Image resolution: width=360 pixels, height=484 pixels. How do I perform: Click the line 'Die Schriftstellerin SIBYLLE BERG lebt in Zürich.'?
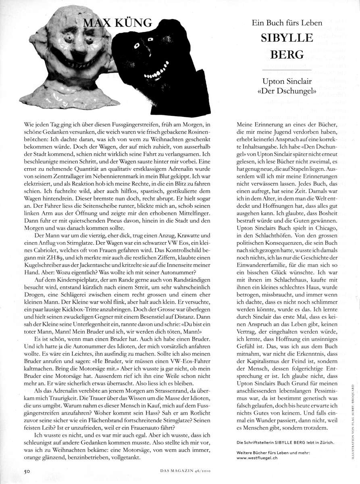coord(285,442)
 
